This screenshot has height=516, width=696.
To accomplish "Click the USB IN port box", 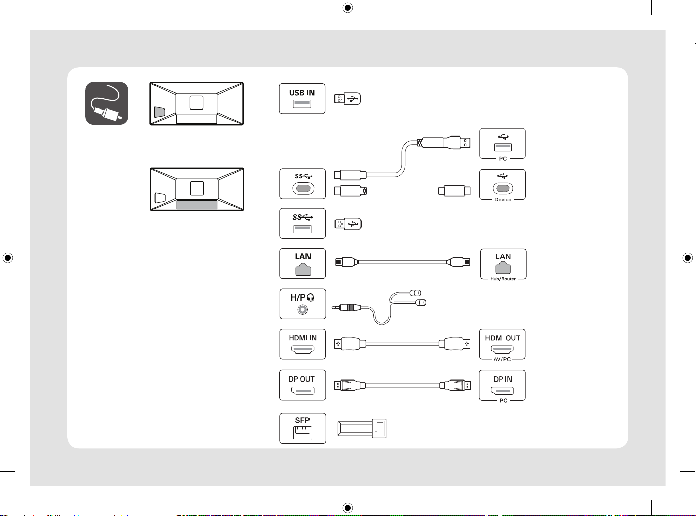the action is coord(302,98).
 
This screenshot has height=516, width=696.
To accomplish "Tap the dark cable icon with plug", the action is coord(107,103).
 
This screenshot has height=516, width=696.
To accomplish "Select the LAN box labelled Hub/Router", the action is coord(503,264).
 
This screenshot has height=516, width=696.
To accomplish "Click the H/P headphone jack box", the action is coord(303,304).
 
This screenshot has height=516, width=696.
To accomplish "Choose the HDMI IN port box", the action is coord(303,344).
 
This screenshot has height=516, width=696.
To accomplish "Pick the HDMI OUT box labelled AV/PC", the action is coord(502,344).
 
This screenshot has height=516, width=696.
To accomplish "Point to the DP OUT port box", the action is coord(303,385).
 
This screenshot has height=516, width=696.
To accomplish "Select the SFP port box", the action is coord(303,428).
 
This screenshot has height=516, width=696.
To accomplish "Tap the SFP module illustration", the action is coord(362,428).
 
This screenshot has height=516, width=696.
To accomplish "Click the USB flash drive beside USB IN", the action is coord(348,99).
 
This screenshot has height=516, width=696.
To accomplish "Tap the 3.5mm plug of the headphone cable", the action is coord(347,307).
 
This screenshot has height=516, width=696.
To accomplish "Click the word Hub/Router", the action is coord(503,279).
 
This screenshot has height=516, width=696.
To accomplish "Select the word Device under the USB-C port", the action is coord(503,199).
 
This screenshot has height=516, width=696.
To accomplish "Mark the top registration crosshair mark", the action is coord(348,8).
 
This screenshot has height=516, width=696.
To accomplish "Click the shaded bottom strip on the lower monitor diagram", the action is coord(197,205).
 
